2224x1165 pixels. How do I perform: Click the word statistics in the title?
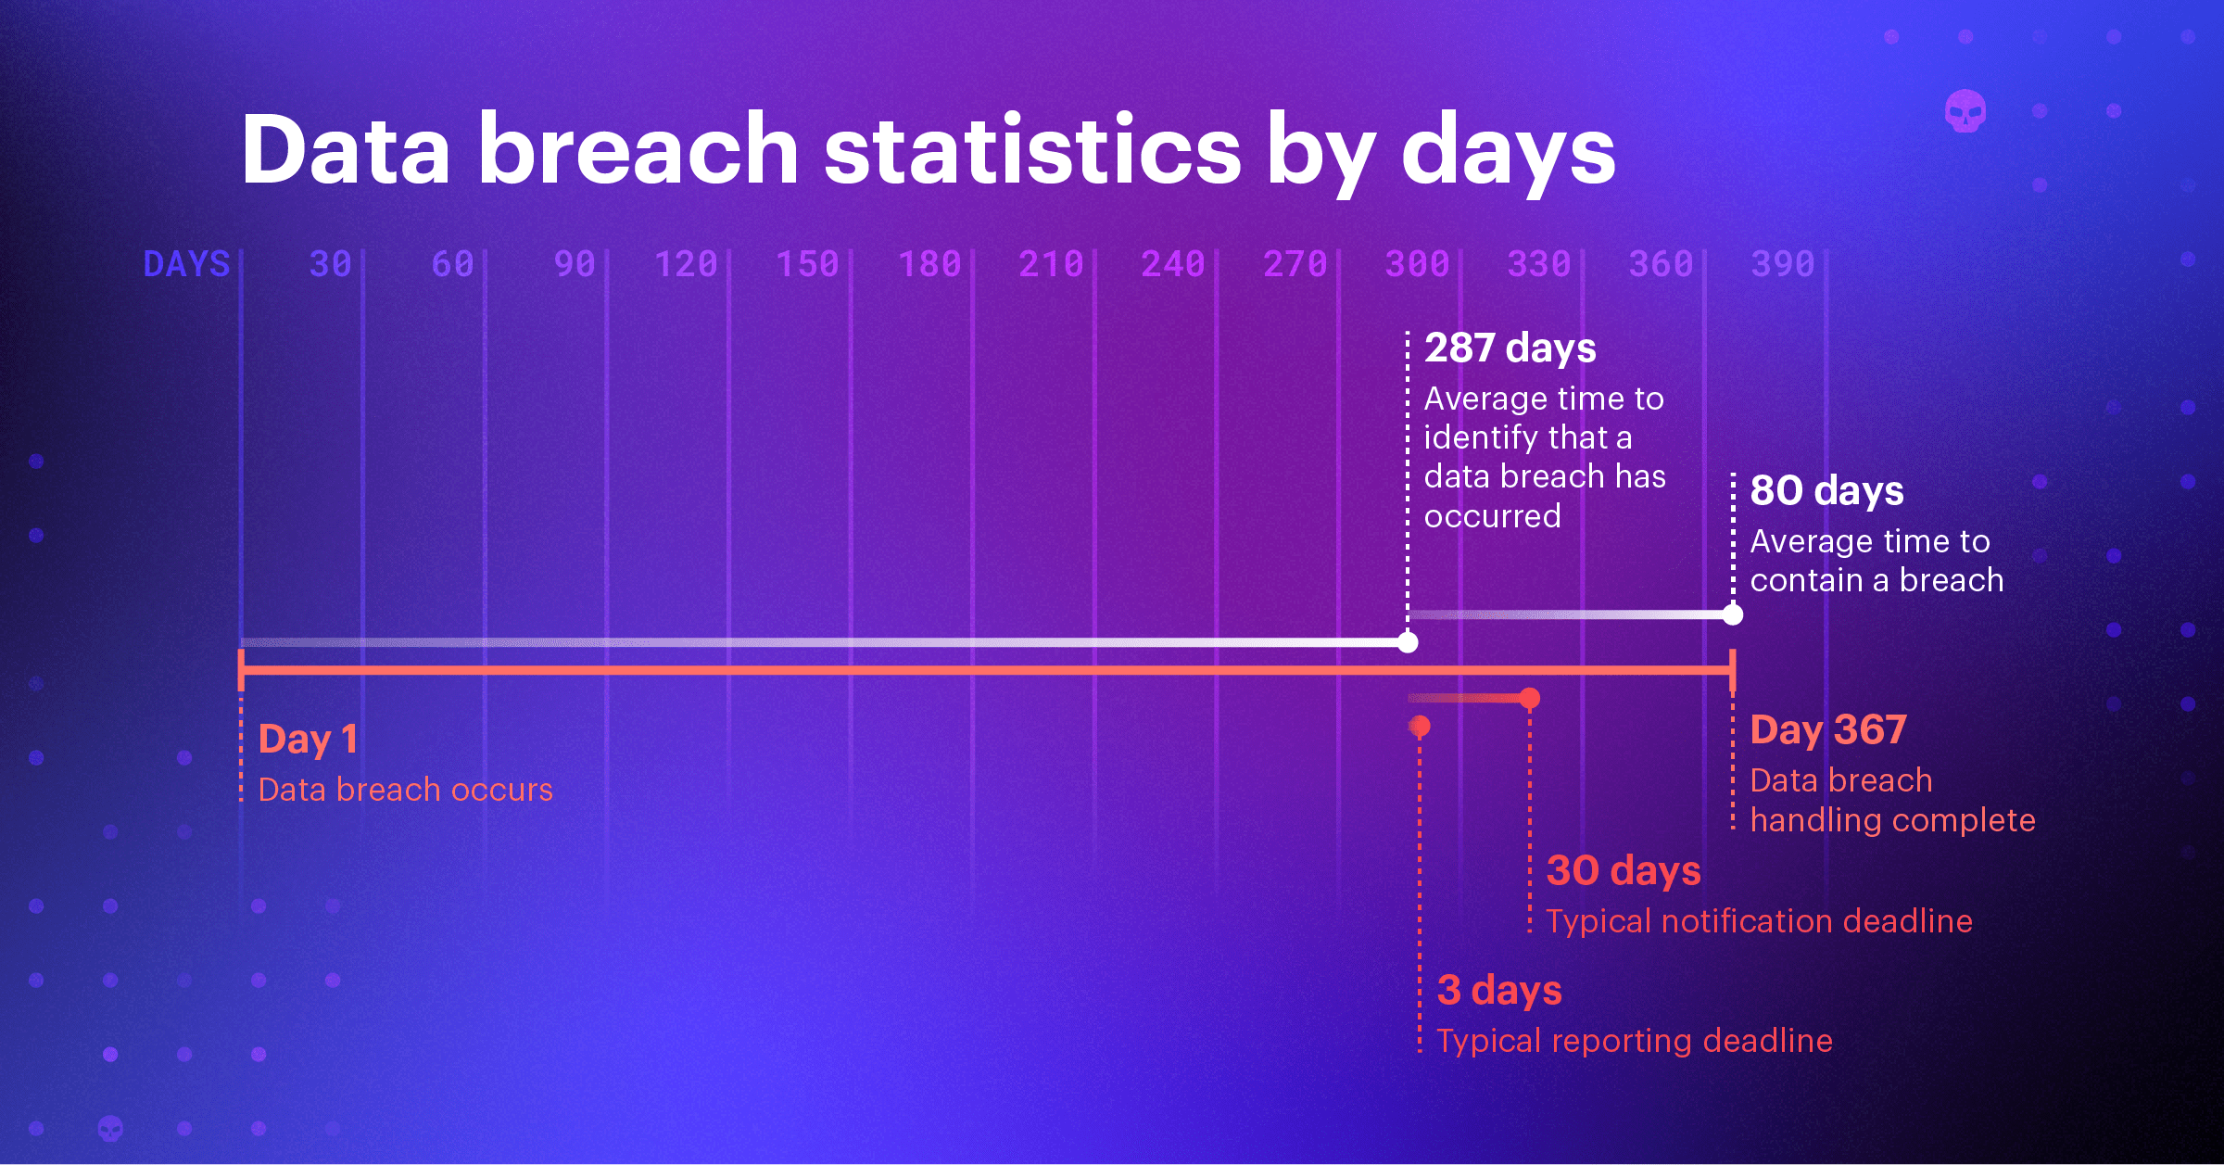pyautogui.click(x=1031, y=150)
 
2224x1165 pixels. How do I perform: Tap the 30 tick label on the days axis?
pyautogui.click(x=331, y=264)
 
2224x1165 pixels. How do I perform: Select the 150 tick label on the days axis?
pyautogui.click(x=807, y=264)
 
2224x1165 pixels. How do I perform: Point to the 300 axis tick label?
pyautogui.click(x=1417, y=264)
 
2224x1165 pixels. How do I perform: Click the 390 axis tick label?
pyautogui.click(x=1782, y=264)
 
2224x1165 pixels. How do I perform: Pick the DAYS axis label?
pyautogui.click(x=186, y=264)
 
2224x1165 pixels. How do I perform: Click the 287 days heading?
pyautogui.click(x=1510, y=348)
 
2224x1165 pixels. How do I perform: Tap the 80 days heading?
pyautogui.click(x=1826, y=490)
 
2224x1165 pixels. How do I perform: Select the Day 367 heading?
pyautogui.click(x=1827, y=729)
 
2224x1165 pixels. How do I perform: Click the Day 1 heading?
pyautogui.click(x=308, y=739)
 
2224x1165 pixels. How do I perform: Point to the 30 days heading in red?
pyautogui.click(x=1623, y=870)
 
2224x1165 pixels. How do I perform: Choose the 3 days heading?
pyautogui.click(x=1498, y=990)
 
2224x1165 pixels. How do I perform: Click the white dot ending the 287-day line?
pyautogui.click(x=1408, y=642)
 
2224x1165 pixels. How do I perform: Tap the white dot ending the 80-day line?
pyautogui.click(x=1732, y=614)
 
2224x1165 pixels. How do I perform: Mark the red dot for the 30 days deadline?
pyautogui.click(x=1530, y=698)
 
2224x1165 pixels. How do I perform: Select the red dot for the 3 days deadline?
pyautogui.click(x=1420, y=726)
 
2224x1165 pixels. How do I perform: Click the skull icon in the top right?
pyautogui.click(x=1965, y=112)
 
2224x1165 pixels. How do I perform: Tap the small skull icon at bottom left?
pyautogui.click(x=110, y=1128)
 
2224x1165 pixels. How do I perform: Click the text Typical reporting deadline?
pyautogui.click(x=1634, y=1041)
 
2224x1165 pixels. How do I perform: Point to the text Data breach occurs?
pyautogui.click(x=405, y=790)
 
